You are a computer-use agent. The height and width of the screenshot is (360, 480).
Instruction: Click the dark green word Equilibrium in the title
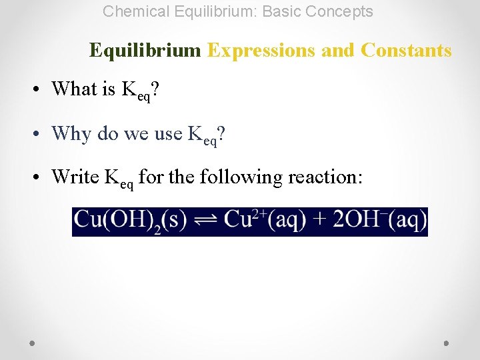point(145,51)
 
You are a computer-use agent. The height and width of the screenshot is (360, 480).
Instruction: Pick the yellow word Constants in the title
point(406,51)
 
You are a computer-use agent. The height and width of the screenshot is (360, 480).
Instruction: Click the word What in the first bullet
point(74,89)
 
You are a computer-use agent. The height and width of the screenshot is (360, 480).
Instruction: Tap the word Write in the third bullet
point(76,177)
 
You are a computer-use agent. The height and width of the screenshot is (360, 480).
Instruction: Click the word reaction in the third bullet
point(325,177)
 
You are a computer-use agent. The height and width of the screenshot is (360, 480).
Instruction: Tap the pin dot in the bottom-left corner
point(33,343)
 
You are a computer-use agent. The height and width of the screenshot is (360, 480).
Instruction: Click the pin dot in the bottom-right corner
point(447,343)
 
